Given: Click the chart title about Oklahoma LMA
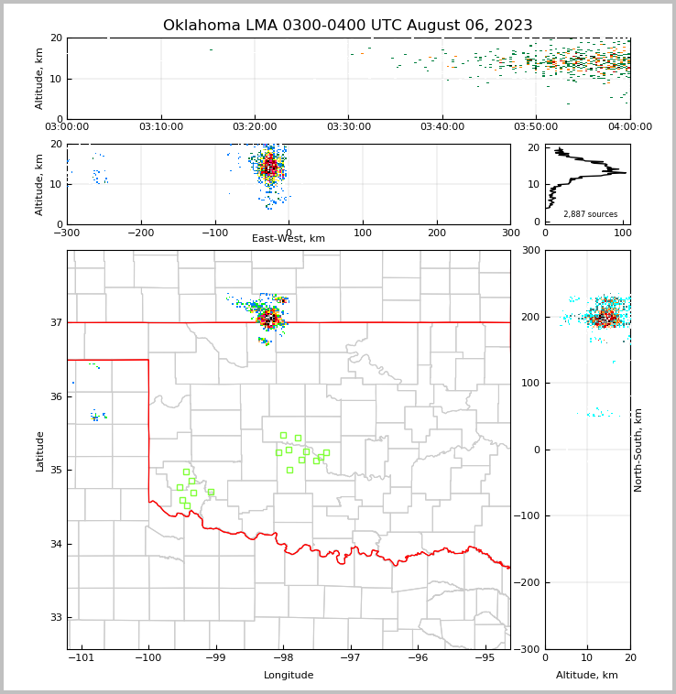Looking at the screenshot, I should tap(347, 26).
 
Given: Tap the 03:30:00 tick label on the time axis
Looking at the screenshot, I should tap(348, 127).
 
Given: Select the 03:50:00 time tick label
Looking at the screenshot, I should tap(536, 127).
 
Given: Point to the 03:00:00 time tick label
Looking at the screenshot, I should tap(67, 127).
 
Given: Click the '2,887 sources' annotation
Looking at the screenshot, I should tap(590, 214).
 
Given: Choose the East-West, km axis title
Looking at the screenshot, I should tap(289, 239).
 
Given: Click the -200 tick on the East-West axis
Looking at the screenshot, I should tap(140, 233).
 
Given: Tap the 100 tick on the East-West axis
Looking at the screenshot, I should tap(363, 233).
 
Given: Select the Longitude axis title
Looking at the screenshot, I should tap(289, 676).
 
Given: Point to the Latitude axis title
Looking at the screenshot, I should tap(39, 450).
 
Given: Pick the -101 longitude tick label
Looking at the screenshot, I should tap(82, 658).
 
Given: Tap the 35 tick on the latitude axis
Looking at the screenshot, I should tap(57, 470).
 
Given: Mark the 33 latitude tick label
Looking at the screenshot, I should tap(57, 617).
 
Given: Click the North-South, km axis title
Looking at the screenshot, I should tap(638, 450).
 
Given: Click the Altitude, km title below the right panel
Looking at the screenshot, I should tap(587, 676).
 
